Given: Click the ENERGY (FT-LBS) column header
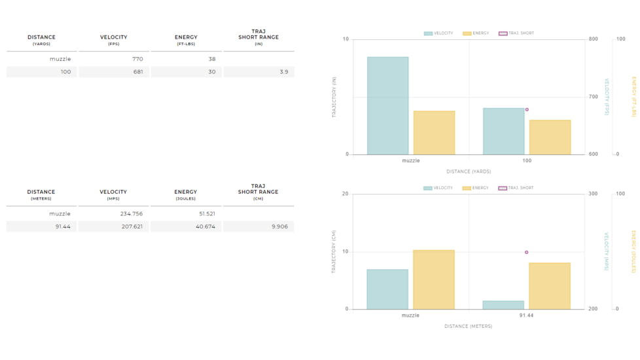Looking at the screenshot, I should click(186, 40).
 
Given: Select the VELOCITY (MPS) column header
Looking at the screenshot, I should click(113, 194).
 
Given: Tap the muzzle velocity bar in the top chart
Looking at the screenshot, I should click(387, 105).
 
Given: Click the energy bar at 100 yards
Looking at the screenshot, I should click(550, 137).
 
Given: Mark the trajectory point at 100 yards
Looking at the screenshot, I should click(527, 110).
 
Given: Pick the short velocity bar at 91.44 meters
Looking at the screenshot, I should click(503, 305).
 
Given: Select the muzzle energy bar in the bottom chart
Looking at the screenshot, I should click(433, 279).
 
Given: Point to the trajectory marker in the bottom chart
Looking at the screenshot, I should click(527, 252).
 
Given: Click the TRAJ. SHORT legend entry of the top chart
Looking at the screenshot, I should click(516, 33).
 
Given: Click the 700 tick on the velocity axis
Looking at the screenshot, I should click(593, 97).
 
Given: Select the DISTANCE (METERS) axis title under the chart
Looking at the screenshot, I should click(468, 326).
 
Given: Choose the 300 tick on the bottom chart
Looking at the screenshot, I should click(593, 194).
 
